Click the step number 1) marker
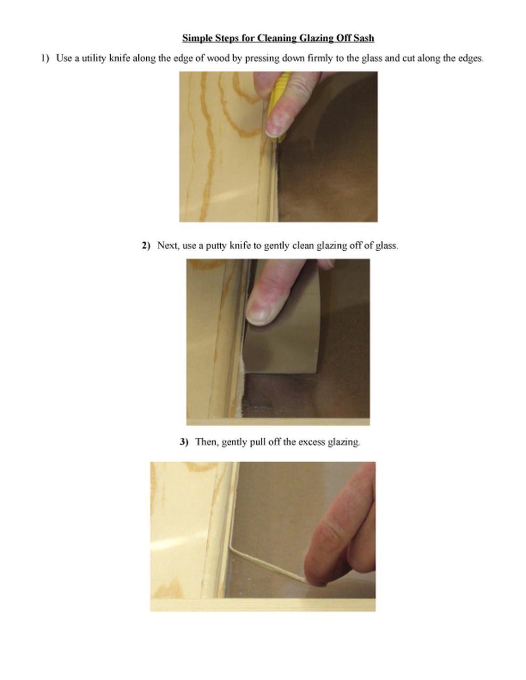45,58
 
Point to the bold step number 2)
146,245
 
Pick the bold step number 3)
184,442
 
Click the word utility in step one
94,58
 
